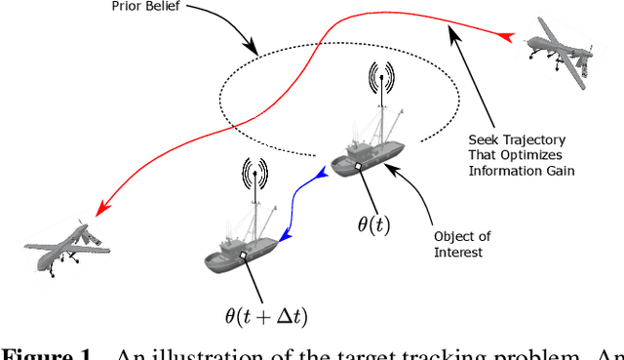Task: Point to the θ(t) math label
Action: (x=373, y=223)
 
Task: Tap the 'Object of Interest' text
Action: (x=458, y=245)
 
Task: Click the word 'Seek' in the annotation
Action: (x=485, y=139)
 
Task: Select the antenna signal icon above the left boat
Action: (x=256, y=177)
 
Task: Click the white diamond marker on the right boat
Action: (x=359, y=167)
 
